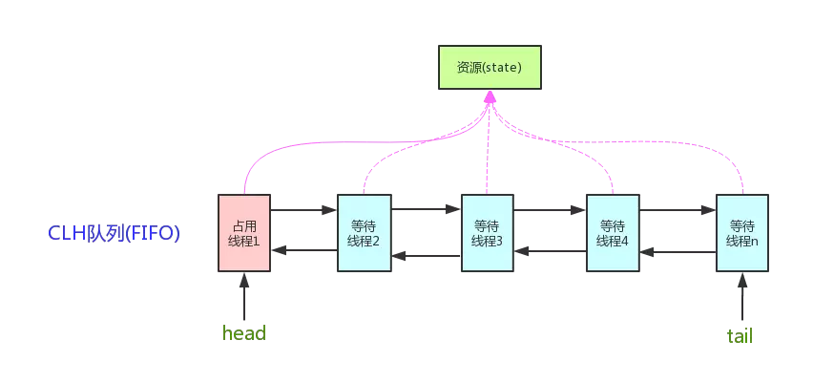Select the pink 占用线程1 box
244,233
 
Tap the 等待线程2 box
364,233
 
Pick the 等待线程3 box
488,233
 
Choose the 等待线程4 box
612,233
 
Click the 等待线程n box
742,233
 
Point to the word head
243,333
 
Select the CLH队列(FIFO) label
114,232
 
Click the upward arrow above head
244,296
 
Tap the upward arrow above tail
742,296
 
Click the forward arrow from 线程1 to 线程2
303,209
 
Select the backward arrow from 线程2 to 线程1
303,250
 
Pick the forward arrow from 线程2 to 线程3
426,209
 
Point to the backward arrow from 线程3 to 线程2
426,255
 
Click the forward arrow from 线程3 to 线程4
550,209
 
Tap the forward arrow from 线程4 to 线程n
677,209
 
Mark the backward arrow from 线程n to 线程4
677,253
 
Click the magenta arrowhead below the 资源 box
490,98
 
